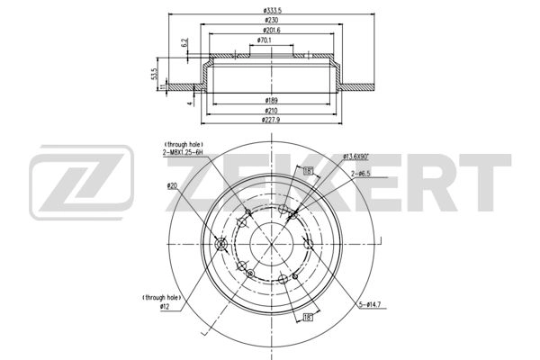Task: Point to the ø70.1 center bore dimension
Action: tap(265, 40)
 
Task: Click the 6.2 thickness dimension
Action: tap(184, 42)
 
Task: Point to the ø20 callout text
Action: tap(172, 185)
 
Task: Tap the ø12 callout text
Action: tap(165, 306)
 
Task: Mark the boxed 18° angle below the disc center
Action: tap(308, 317)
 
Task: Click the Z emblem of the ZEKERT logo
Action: tap(81, 187)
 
